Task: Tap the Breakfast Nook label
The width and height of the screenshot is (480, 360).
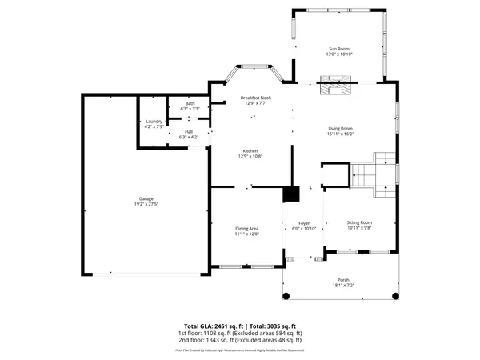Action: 258,97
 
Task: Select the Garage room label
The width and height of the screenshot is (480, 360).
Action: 146,198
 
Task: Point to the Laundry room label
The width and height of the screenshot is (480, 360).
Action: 154,122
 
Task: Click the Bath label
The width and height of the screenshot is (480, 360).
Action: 190,102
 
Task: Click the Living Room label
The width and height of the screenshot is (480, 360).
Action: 341,128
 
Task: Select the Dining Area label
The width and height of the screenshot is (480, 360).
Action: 246,228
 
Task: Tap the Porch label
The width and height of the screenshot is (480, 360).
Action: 341,279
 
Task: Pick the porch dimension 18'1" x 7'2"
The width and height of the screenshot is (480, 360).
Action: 341,285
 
